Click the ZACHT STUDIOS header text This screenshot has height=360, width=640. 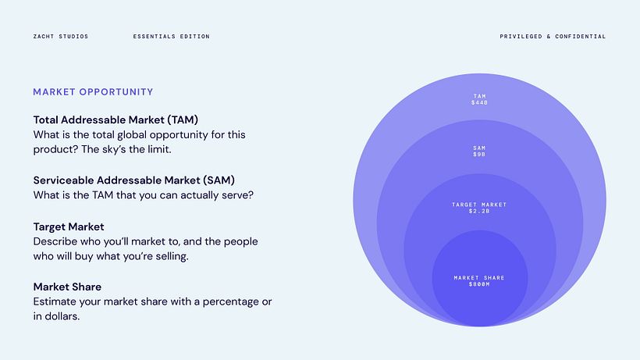[60, 37]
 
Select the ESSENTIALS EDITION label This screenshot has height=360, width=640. [171, 37]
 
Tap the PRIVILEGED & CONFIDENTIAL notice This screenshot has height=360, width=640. [553, 37]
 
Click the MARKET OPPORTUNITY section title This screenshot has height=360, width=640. [93, 92]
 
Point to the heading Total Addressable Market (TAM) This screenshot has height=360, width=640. [116, 120]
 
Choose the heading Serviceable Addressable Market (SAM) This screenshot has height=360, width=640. [133, 180]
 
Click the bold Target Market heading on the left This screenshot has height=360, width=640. [69, 226]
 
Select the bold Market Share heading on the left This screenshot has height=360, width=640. [67, 287]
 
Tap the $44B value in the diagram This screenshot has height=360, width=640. [479, 103]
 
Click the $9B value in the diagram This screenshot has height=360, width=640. [479, 155]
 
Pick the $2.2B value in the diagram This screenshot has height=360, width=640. [479, 211]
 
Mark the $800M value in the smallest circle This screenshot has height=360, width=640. [479, 284]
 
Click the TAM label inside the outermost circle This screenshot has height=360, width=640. [479, 97]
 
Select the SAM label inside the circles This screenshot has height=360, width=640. [479, 148]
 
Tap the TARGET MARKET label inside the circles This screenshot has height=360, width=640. [479, 205]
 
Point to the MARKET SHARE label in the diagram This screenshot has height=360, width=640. [479, 278]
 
